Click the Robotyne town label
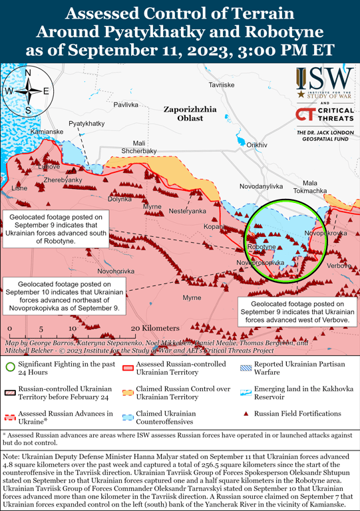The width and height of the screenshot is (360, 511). tap(261, 247)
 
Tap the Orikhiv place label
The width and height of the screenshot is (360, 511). tap(257, 144)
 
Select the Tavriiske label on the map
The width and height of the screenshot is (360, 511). tap(222, 85)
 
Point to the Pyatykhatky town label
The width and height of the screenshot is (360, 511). tap(87, 124)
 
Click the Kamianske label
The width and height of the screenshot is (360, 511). tap(47, 132)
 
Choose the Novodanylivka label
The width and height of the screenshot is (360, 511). tap(262, 186)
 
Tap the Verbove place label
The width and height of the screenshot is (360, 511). tap(339, 265)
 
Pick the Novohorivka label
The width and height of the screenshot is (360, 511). tap(116, 271)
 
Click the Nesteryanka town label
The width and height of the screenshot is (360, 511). tap(188, 211)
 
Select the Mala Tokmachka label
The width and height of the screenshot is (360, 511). tap(315, 186)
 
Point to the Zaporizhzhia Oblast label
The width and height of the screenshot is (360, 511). tap(190, 112)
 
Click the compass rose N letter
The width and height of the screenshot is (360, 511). tap(27, 73)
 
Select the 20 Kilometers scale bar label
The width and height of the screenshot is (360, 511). tap(156, 328)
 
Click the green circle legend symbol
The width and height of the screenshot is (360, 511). tap(10, 365)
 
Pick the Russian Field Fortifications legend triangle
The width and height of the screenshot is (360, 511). tap(246, 413)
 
